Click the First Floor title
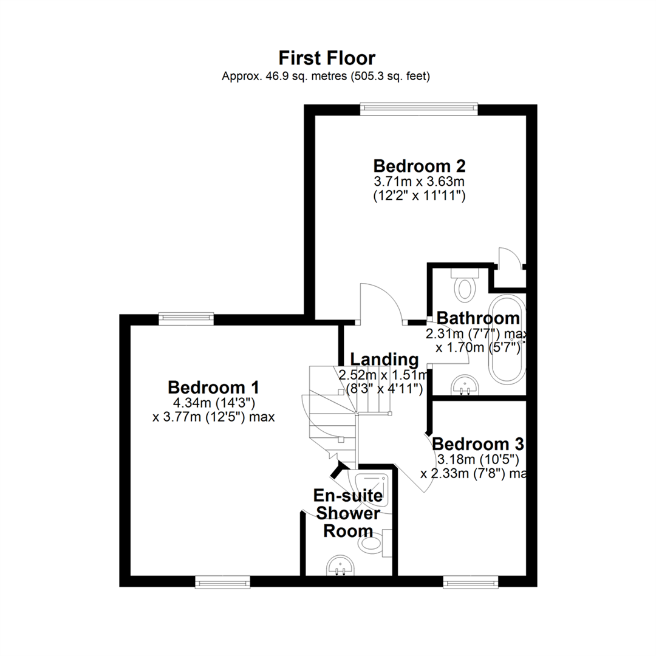point(327,58)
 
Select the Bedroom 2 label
point(419,166)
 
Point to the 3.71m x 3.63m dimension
point(419,182)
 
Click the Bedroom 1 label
point(213,388)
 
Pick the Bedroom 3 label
point(478,444)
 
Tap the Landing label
point(384,360)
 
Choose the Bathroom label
point(478,318)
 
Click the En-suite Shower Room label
point(348,513)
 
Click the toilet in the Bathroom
point(465,284)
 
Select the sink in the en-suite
point(340,565)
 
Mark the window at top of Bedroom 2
point(419,109)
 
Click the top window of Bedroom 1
point(186,319)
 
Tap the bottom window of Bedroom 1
point(222,581)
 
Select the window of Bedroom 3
point(471,581)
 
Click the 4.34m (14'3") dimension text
point(214,403)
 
